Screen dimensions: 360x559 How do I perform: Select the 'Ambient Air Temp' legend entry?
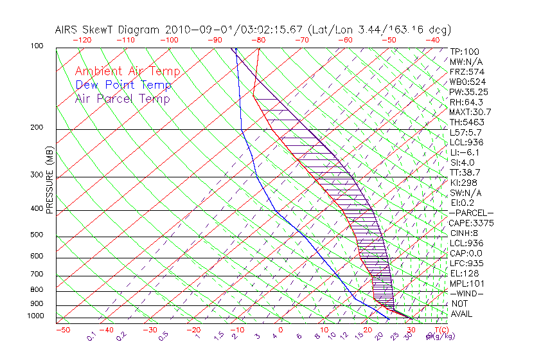tap(127, 71)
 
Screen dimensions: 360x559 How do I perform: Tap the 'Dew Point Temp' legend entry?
tap(123, 85)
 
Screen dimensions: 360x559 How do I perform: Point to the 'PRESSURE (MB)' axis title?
tap(49, 181)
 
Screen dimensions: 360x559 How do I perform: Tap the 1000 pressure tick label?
tap(36, 316)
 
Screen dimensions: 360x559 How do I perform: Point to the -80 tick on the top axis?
tap(258, 40)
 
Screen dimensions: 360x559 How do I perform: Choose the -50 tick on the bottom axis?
tap(62, 330)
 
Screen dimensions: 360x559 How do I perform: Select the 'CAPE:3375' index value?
tap(471, 223)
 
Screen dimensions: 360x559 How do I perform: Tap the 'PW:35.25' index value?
tap(468, 92)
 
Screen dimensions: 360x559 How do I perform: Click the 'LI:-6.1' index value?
tap(466, 152)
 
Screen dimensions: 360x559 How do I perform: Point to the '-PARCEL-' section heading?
tap(472, 213)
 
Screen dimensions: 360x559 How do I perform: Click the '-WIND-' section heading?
tap(467, 293)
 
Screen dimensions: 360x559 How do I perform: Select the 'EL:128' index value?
tap(464, 273)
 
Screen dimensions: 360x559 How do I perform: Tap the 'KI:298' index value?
tap(464, 183)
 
